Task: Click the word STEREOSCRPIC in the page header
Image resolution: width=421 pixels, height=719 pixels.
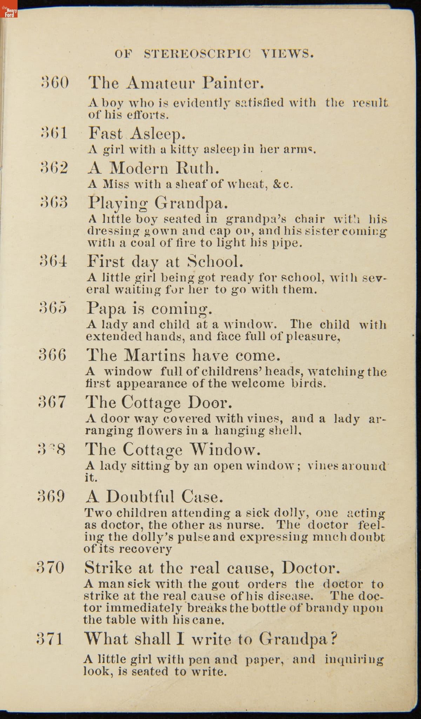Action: [198, 54]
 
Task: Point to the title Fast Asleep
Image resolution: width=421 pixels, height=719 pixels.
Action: [136, 134]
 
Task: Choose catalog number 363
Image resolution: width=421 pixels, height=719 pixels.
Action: [54, 202]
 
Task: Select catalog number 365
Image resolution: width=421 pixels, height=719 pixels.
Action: [53, 308]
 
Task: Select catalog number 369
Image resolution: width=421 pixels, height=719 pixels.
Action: [51, 497]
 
